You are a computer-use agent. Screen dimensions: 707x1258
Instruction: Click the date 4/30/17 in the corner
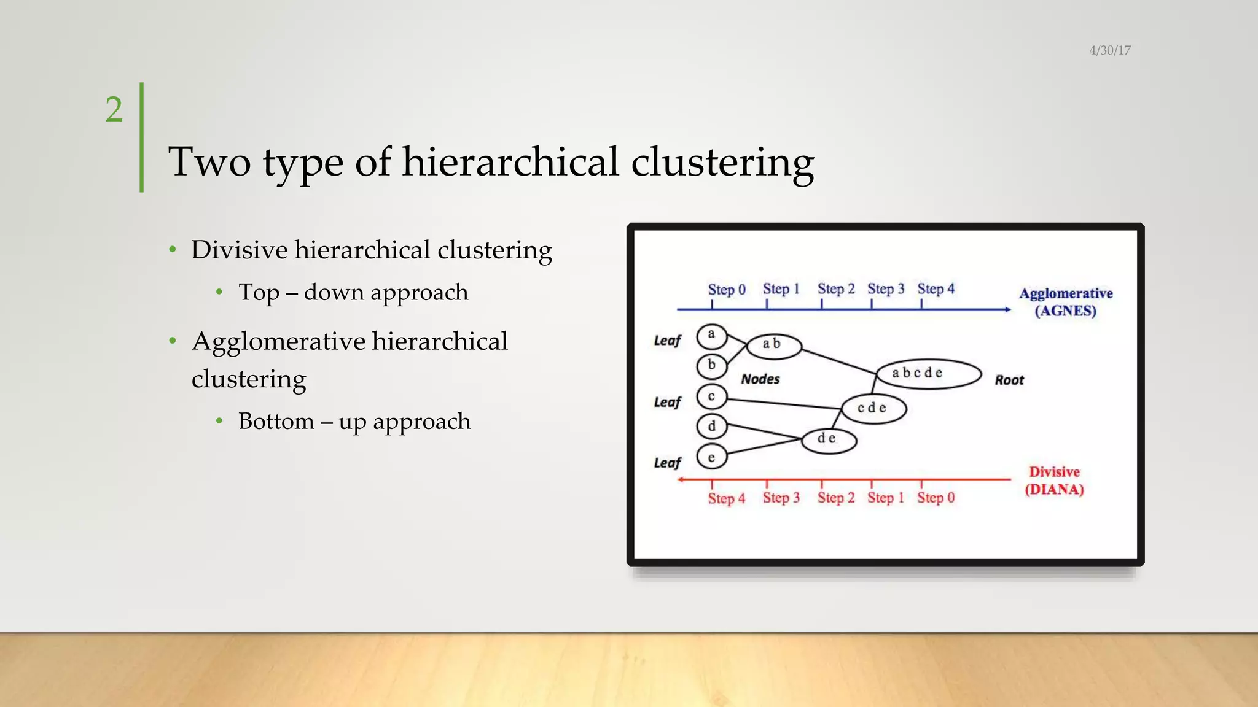[1109, 50]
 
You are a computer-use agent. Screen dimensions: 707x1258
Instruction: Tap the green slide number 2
[114, 110]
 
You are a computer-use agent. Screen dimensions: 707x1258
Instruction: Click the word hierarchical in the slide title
[510, 162]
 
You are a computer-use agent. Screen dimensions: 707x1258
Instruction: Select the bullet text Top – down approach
[353, 292]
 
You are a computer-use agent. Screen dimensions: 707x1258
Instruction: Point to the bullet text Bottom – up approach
[354, 421]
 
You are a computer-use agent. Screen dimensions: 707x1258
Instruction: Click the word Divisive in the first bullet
[240, 250]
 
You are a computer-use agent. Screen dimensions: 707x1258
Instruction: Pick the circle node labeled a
[712, 336]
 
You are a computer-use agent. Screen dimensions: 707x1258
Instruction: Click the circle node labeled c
[712, 396]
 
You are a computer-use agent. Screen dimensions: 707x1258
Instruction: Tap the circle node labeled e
[712, 457]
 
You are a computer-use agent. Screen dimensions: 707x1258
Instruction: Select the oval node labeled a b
[773, 345]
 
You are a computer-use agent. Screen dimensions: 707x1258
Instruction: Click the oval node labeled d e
[828, 439]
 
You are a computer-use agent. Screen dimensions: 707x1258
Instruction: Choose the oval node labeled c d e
[873, 408]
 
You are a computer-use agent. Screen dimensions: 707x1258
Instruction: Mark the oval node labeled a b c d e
[928, 374]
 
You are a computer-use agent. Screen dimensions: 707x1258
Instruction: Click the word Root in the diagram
[1009, 381]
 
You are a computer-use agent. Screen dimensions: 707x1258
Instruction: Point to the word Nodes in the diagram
[760, 379]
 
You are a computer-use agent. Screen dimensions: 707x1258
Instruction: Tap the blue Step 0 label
[727, 289]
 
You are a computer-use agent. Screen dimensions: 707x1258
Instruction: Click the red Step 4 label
[727, 498]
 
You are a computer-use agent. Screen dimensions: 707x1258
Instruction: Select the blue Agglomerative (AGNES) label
[1066, 301]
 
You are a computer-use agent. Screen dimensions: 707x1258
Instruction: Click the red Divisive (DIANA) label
[1054, 481]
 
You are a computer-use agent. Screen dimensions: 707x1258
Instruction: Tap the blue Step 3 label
[886, 288]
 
